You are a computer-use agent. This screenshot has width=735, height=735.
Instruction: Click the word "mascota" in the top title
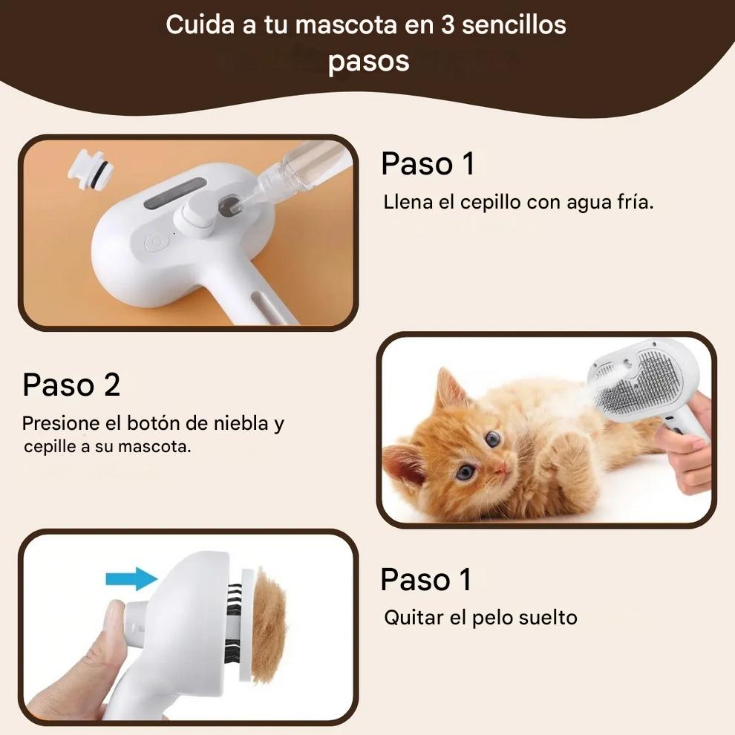click(346, 24)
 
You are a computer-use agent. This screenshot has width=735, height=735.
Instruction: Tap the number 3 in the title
click(448, 24)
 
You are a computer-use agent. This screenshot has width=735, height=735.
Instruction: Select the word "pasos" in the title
click(368, 62)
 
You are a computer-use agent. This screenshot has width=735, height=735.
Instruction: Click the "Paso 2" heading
click(71, 385)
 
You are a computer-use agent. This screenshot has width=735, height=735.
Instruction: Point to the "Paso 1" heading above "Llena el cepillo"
click(428, 163)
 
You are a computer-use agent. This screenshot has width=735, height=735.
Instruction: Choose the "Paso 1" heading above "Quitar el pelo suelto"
click(425, 579)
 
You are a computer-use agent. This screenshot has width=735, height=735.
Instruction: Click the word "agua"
click(584, 203)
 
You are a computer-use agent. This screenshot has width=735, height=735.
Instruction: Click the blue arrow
click(131, 579)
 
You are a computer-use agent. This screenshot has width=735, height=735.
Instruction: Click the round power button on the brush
click(154, 243)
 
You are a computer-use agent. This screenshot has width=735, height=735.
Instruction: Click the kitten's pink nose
click(500, 465)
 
